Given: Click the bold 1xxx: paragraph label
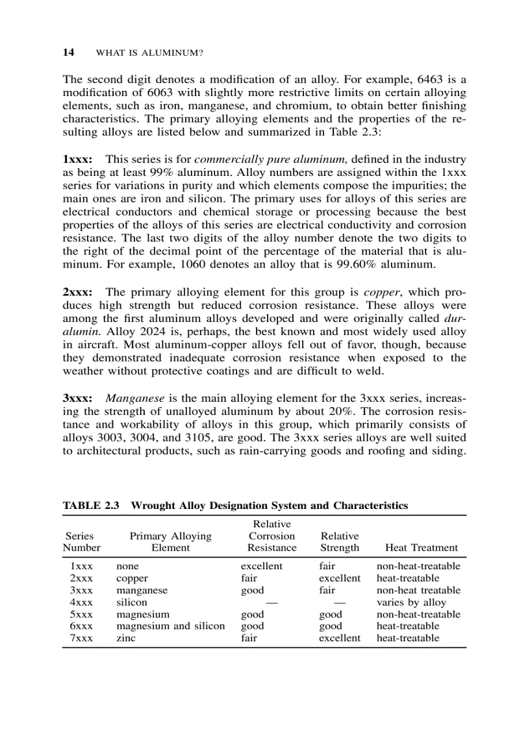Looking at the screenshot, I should [77, 159].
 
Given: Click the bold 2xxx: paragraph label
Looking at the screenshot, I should [77, 291].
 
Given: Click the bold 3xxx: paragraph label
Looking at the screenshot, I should [77, 397].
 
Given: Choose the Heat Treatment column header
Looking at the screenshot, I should [421, 547].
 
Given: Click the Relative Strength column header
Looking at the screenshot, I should [339, 541].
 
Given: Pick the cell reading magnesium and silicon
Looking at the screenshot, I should [170, 626].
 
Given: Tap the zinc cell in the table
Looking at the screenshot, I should [126, 638].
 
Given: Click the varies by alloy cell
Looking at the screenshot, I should [411, 602].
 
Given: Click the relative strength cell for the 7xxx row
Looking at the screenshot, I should [339, 638].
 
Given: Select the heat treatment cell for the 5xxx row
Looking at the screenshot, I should [418, 614].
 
